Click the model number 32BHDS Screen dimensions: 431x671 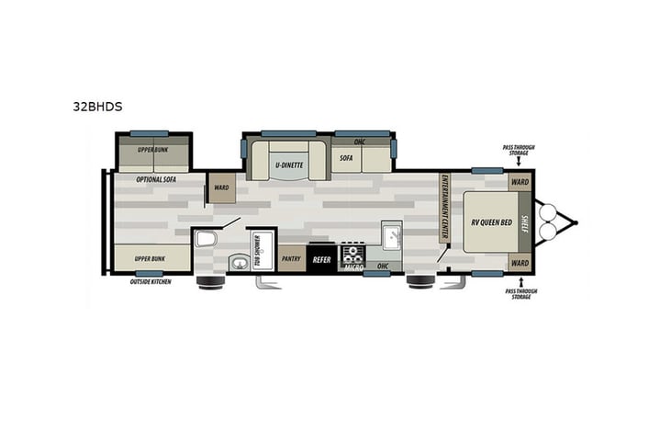click(97, 107)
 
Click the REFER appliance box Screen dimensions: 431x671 click(321, 260)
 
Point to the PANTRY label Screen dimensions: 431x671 click(292, 260)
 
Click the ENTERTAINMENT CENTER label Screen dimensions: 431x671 click(444, 208)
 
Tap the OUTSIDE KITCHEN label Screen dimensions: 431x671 click(151, 280)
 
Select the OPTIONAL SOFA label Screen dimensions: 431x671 click(156, 179)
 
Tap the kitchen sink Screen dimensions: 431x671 click(389, 237)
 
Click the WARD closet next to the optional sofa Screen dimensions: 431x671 click(221, 187)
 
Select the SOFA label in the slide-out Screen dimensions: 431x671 click(346, 158)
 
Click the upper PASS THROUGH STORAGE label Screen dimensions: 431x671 click(518, 150)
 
